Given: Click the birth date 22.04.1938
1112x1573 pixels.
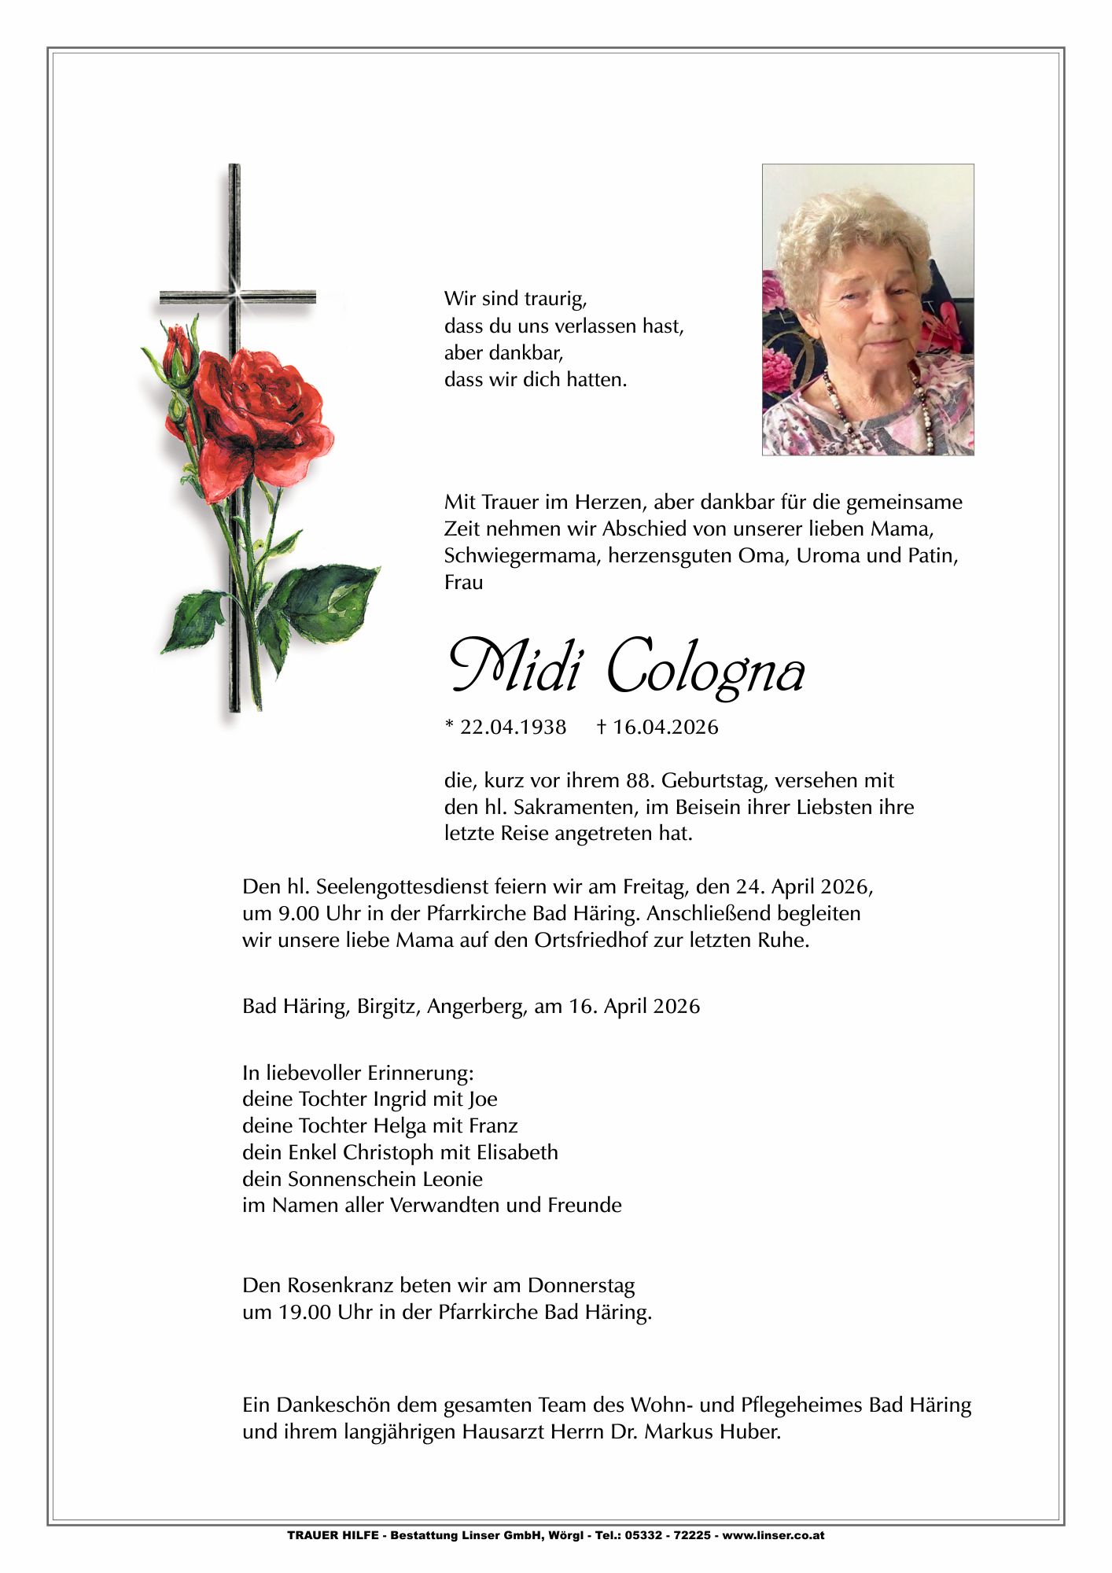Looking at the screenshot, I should tap(513, 727).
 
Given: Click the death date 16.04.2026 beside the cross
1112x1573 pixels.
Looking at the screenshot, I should tap(665, 727).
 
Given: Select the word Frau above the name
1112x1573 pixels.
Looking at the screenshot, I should tap(463, 583).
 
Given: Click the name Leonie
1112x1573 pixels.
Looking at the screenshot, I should tap(452, 1179).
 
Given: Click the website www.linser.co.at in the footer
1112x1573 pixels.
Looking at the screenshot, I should tap(773, 1534).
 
